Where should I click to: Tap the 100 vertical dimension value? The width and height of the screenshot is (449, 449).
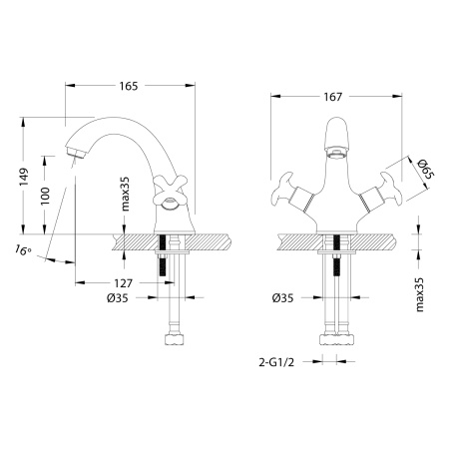45,198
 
